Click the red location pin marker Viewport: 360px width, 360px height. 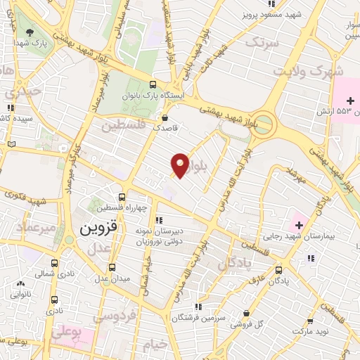(x=180, y=165)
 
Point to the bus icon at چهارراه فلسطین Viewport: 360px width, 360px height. (x=123, y=197)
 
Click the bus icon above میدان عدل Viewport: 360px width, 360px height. (x=112, y=267)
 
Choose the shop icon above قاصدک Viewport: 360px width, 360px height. (x=165, y=117)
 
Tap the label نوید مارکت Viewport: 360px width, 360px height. (x=313, y=330)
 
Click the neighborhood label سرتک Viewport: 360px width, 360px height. (x=262, y=43)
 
